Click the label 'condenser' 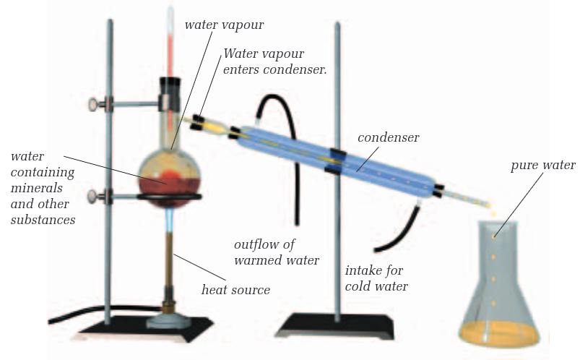point(388,138)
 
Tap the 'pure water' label point(543,166)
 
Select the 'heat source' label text point(235,290)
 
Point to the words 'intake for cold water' point(376,278)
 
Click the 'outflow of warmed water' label point(277,252)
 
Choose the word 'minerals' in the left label point(37,188)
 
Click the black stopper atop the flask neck point(170,85)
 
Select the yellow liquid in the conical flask point(499,333)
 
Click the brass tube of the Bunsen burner point(170,266)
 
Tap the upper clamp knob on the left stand point(94,105)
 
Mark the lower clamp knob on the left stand point(94,197)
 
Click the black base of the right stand point(334,326)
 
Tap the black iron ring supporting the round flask point(170,197)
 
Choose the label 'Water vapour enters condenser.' point(275,61)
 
